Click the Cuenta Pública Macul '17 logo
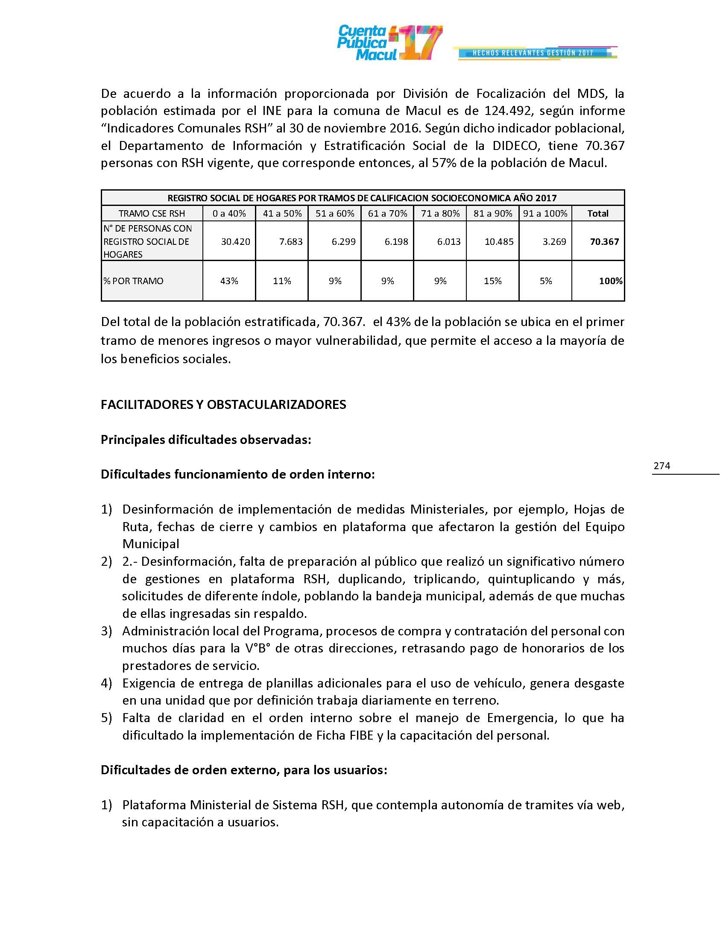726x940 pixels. (389, 43)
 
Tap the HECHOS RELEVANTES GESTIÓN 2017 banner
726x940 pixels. (533, 53)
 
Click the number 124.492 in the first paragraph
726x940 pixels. (509, 111)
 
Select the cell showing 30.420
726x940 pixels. (235, 242)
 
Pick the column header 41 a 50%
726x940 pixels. (282, 214)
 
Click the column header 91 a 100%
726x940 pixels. (545, 214)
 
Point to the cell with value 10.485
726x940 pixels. (499, 242)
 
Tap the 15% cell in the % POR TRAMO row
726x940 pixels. (492, 281)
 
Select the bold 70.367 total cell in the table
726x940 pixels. (604, 242)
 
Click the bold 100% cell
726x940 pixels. (610, 281)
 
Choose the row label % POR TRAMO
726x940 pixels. (133, 281)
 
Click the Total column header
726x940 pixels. (598, 214)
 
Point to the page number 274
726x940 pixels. (662, 466)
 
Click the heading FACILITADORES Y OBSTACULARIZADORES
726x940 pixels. (223, 405)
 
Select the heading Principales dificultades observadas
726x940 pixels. (205, 439)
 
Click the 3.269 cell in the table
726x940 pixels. (554, 242)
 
